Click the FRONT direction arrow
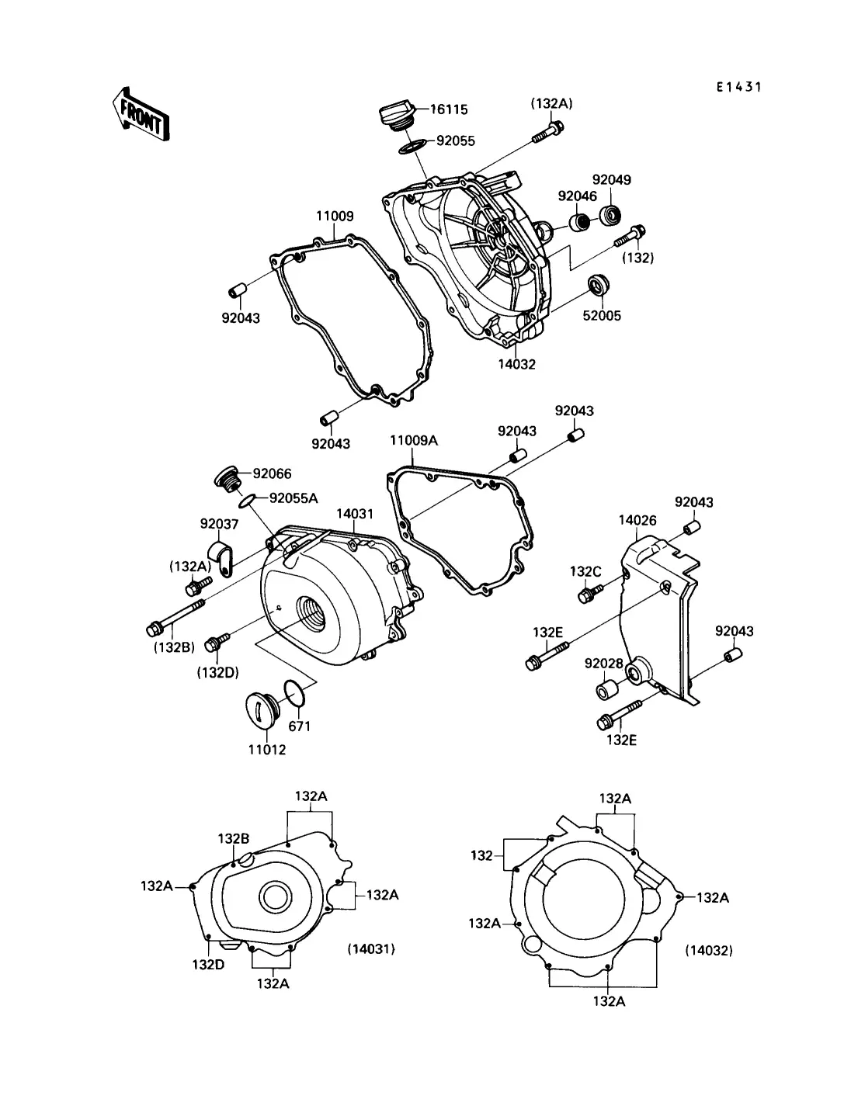(x=141, y=114)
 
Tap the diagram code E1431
(x=738, y=87)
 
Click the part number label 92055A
(x=294, y=498)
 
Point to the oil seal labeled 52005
(x=598, y=286)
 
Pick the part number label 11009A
(x=413, y=440)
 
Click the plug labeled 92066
(x=227, y=477)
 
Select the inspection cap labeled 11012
(x=262, y=711)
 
